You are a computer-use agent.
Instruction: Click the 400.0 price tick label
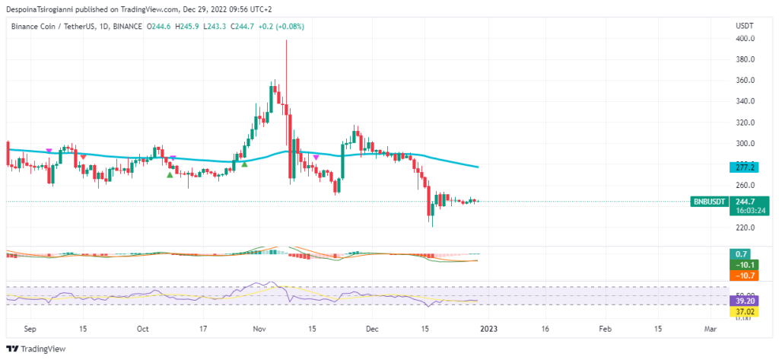(745, 38)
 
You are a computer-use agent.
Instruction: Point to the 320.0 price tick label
(745, 122)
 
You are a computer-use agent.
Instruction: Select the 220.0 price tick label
(745, 228)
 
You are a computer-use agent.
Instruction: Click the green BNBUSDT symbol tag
(709, 202)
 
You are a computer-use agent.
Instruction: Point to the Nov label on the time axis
(259, 330)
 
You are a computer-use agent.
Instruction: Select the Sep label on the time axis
(30, 330)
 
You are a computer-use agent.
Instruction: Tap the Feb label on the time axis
(604, 330)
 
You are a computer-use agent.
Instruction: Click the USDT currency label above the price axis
(744, 26)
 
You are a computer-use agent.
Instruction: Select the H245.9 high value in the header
(186, 26)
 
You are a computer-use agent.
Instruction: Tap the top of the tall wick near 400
(286, 41)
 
